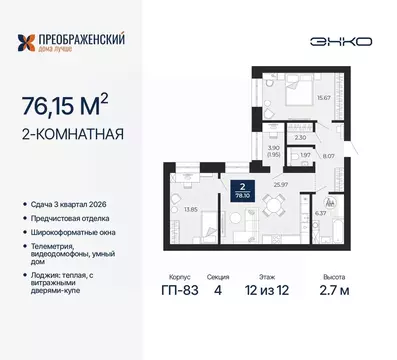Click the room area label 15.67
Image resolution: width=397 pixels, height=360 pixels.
pos(323,98)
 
